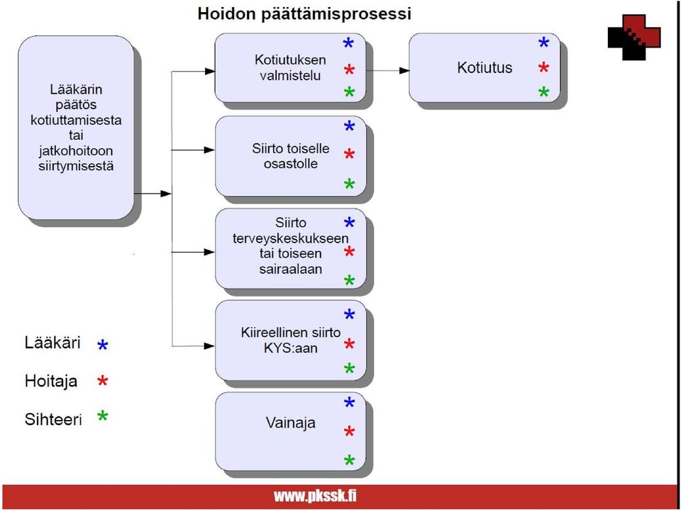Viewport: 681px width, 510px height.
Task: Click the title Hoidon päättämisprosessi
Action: pos(304,14)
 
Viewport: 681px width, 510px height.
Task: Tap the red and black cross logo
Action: pos(634,37)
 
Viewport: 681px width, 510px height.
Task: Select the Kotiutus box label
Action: pos(485,68)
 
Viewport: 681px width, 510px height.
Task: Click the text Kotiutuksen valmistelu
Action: pos(290,67)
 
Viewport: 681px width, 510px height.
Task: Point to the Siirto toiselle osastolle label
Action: pos(291,156)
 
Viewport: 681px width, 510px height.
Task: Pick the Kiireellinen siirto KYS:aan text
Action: pos(291,340)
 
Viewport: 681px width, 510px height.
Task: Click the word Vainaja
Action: pos(291,423)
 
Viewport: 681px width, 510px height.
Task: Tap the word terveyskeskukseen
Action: pos(291,238)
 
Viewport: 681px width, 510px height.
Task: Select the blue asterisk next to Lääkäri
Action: pos(102,345)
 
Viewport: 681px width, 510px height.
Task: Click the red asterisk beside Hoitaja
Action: pos(102,381)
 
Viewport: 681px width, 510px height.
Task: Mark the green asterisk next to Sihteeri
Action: pos(102,416)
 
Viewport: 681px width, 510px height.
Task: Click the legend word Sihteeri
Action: pos(53,420)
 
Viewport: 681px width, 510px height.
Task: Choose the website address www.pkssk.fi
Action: pos(315,496)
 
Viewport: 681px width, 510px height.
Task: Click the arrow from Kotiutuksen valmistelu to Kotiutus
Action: pos(387,70)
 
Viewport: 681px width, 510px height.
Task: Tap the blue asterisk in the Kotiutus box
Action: pos(543,43)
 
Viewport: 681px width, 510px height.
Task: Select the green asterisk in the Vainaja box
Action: pos(349,460)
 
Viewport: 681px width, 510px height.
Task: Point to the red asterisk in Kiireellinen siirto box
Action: pos(349,345)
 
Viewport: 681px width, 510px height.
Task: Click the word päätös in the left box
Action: pos(76,105)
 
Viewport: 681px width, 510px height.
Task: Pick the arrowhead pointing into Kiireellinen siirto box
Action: pos(209,346)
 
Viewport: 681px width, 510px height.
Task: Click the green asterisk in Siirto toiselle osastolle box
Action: pos(349,184)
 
